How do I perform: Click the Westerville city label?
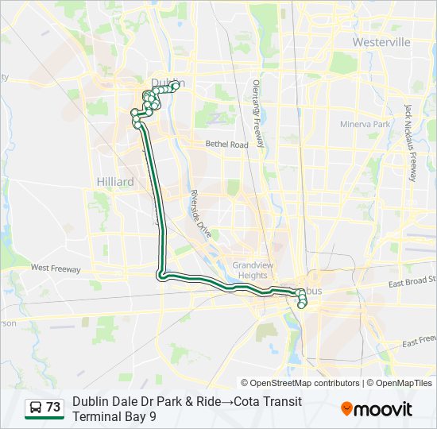click(381, 41)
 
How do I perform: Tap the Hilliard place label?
click(115, 182)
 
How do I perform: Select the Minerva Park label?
click(365, 125)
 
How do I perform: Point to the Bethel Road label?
click(227, 145)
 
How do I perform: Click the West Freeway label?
click(55, 269)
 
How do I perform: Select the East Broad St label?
click(412, 281)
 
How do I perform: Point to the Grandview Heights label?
click(249, 270)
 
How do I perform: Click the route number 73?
click(53, 408)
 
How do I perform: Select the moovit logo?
click(377, 408)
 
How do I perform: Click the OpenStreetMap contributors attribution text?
click(305, 383)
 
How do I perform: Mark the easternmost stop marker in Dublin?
click(175, 85)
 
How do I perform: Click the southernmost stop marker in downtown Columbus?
click(302, 305)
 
